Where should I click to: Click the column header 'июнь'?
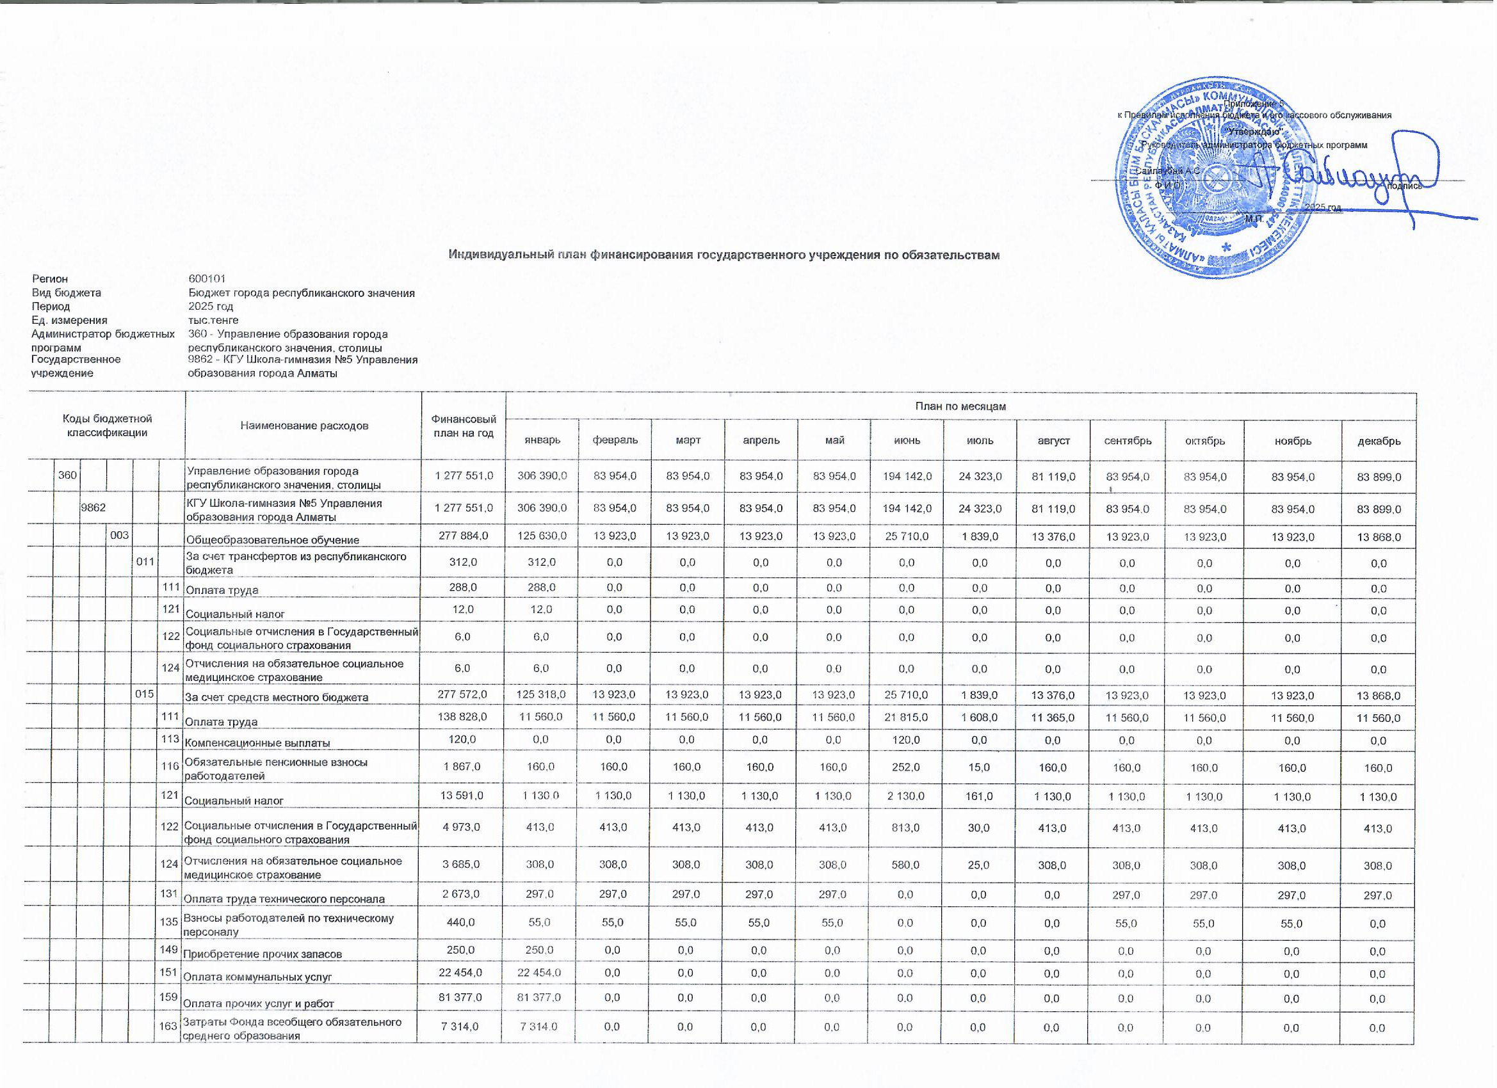click(907, 440)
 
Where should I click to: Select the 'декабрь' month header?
click(1378, 441)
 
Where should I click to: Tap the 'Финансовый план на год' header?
click(464, 426)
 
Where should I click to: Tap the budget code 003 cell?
click(120, 535)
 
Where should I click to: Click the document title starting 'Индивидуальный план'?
click(724, 255)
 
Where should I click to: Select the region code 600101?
click(207, 279)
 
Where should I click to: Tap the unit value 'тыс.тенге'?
click(213, 320)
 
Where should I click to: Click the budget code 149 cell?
click(170, 948)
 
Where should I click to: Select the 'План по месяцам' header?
click(960, 406)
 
